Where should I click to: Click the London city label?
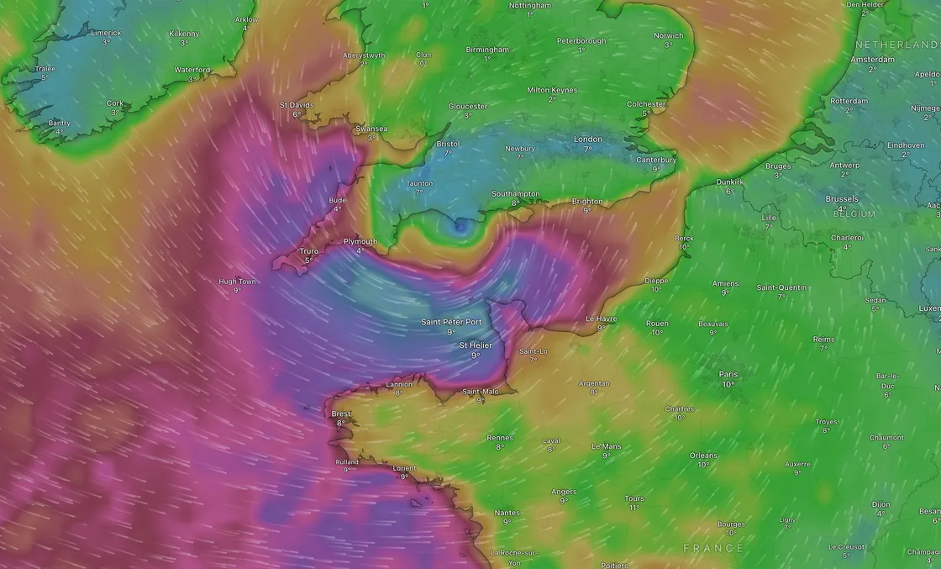point(588,139)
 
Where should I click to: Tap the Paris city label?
point(728,374)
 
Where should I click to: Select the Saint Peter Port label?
point(451,321)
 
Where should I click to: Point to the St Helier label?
point(475,345)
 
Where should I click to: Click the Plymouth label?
point(360,241)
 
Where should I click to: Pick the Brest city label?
point(341,414)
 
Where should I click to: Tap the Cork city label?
point(115,103)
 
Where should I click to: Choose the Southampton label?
point(516,194)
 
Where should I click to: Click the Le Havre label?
point(601,319)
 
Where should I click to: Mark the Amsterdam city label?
point(872,60)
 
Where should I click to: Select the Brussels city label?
point(842,199)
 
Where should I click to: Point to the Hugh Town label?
point(237,282)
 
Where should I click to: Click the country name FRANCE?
point(713,548)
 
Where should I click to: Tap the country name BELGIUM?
point(854,213)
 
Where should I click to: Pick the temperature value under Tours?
point(634,508)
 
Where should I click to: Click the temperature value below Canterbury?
point(656,168)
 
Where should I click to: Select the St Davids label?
point(297,105)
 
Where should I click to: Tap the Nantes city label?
point(507,512)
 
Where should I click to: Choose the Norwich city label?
point(669,35)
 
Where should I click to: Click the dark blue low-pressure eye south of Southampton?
point(459,224)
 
